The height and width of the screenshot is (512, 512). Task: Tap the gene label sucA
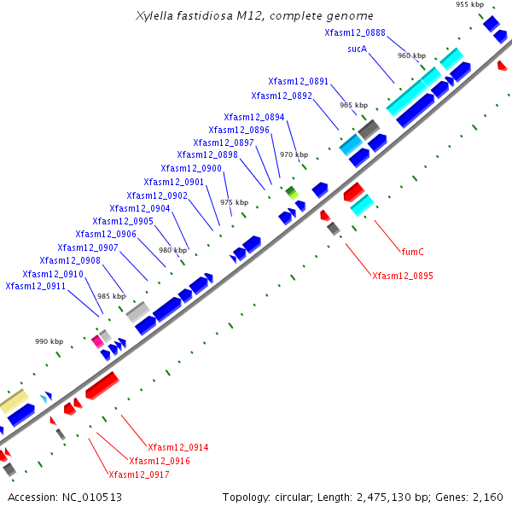pyautogui.click(x=357, y=49)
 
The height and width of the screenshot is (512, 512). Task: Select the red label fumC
pyautogui.click(x=412, y=252)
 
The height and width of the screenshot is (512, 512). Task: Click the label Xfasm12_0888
pyautogui.click(x=354, y=32)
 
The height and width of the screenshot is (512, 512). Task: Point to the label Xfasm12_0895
pyautogui.click(x=402, y=276)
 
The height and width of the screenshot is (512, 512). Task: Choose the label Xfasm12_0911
pyautogui.click(x=35, y=286)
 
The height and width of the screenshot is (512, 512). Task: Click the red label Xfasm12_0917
pyautogui.click(x=137, y=474)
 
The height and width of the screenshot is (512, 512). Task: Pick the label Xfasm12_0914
pyautogui.click(x=177, y=447)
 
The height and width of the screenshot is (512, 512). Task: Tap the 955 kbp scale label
pyautogui.click(x=469, y=5)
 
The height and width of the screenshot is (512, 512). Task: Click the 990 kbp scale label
pyautogui.click(x=49, y=341)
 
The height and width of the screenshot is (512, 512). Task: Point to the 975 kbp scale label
pyautogui.click(x=234, y=202)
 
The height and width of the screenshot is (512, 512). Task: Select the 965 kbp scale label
pyautogui.click(x=353, y=105)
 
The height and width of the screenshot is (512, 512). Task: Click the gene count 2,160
pyautogui.click(x=488, y=497)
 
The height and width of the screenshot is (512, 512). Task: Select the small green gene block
pyautogui.click(x=292, y=191)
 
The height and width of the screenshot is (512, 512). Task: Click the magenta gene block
pyautogui.click(x=97, y=340)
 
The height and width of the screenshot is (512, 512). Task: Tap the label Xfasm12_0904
pyautogui.click(x=139, y=208)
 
